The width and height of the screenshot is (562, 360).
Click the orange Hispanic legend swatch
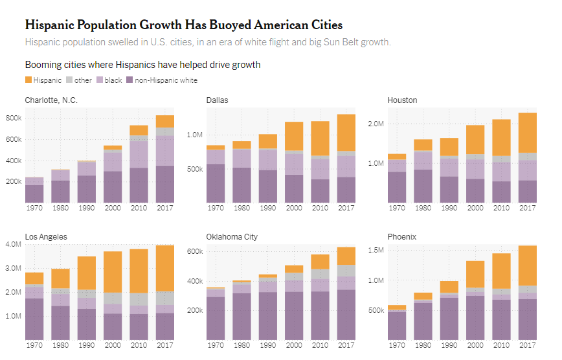tap(28, 80)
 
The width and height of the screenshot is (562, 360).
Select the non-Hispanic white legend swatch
tap(129, 80)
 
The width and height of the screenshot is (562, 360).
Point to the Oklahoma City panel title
tap(232, 237)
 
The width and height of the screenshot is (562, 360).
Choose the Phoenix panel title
tap(403, 237)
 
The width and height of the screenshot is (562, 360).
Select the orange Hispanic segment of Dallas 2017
tap(346, 133)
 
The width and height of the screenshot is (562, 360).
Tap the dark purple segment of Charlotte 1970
tap(34, 194)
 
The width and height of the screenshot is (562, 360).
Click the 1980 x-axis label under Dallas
tap(242, 208)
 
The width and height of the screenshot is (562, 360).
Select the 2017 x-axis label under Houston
tap(528, 208)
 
